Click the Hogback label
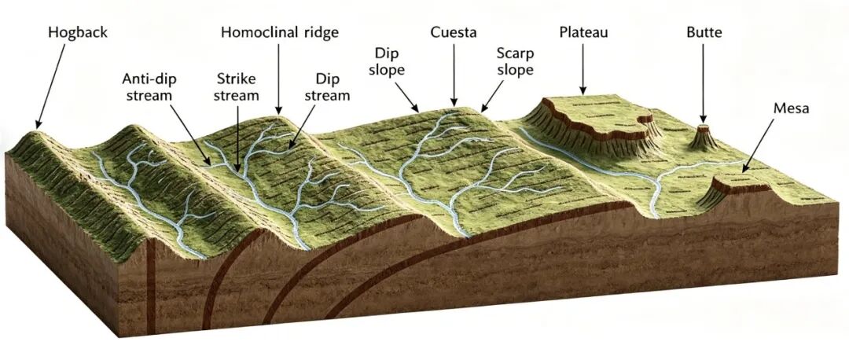(77, 33)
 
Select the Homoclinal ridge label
(279, 33)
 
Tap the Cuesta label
(454, 33)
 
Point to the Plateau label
(583, 33)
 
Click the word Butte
(704, 33)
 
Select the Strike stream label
(237, 87)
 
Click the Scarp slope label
(515, 61)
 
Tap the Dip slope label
(391, 61)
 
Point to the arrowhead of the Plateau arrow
(583, 94)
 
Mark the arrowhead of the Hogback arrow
(37, 127)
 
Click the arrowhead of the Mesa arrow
(742, 171)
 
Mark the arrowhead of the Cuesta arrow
(454, 105)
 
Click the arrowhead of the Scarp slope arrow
(481, 110)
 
